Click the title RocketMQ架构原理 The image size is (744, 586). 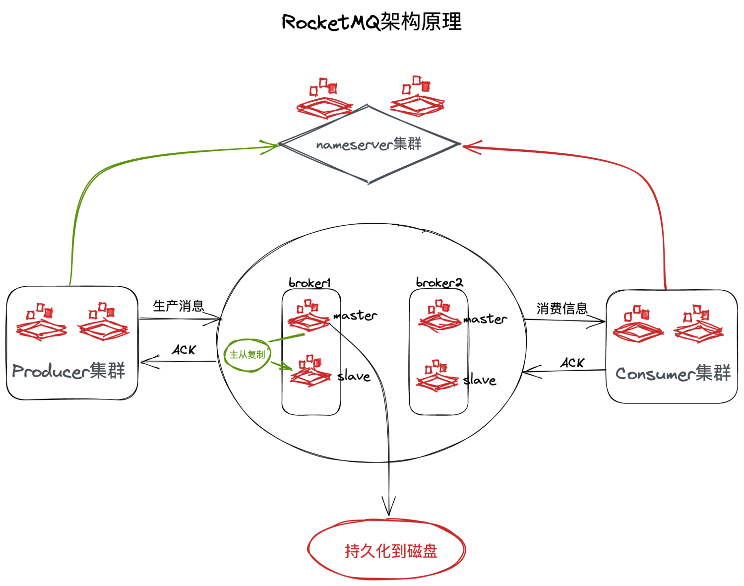(372, 22)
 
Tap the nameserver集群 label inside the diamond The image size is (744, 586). (369, 144)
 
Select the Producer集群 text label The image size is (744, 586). (68, 371)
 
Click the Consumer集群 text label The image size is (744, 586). (673, 373)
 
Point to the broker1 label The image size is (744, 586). (310, 283)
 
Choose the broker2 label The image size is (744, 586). (439, 283)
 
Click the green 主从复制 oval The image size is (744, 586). (247, 355)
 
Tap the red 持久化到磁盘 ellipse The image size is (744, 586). (387, 550)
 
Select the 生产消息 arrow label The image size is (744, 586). (178, 306)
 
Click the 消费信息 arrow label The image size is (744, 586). (561, 309)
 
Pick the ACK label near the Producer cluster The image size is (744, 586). (184, 350)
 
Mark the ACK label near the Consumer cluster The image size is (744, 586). (572, 363)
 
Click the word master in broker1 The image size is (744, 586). (355, 316)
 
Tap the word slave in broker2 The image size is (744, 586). (479, 381)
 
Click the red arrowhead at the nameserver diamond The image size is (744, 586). (470, 146)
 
